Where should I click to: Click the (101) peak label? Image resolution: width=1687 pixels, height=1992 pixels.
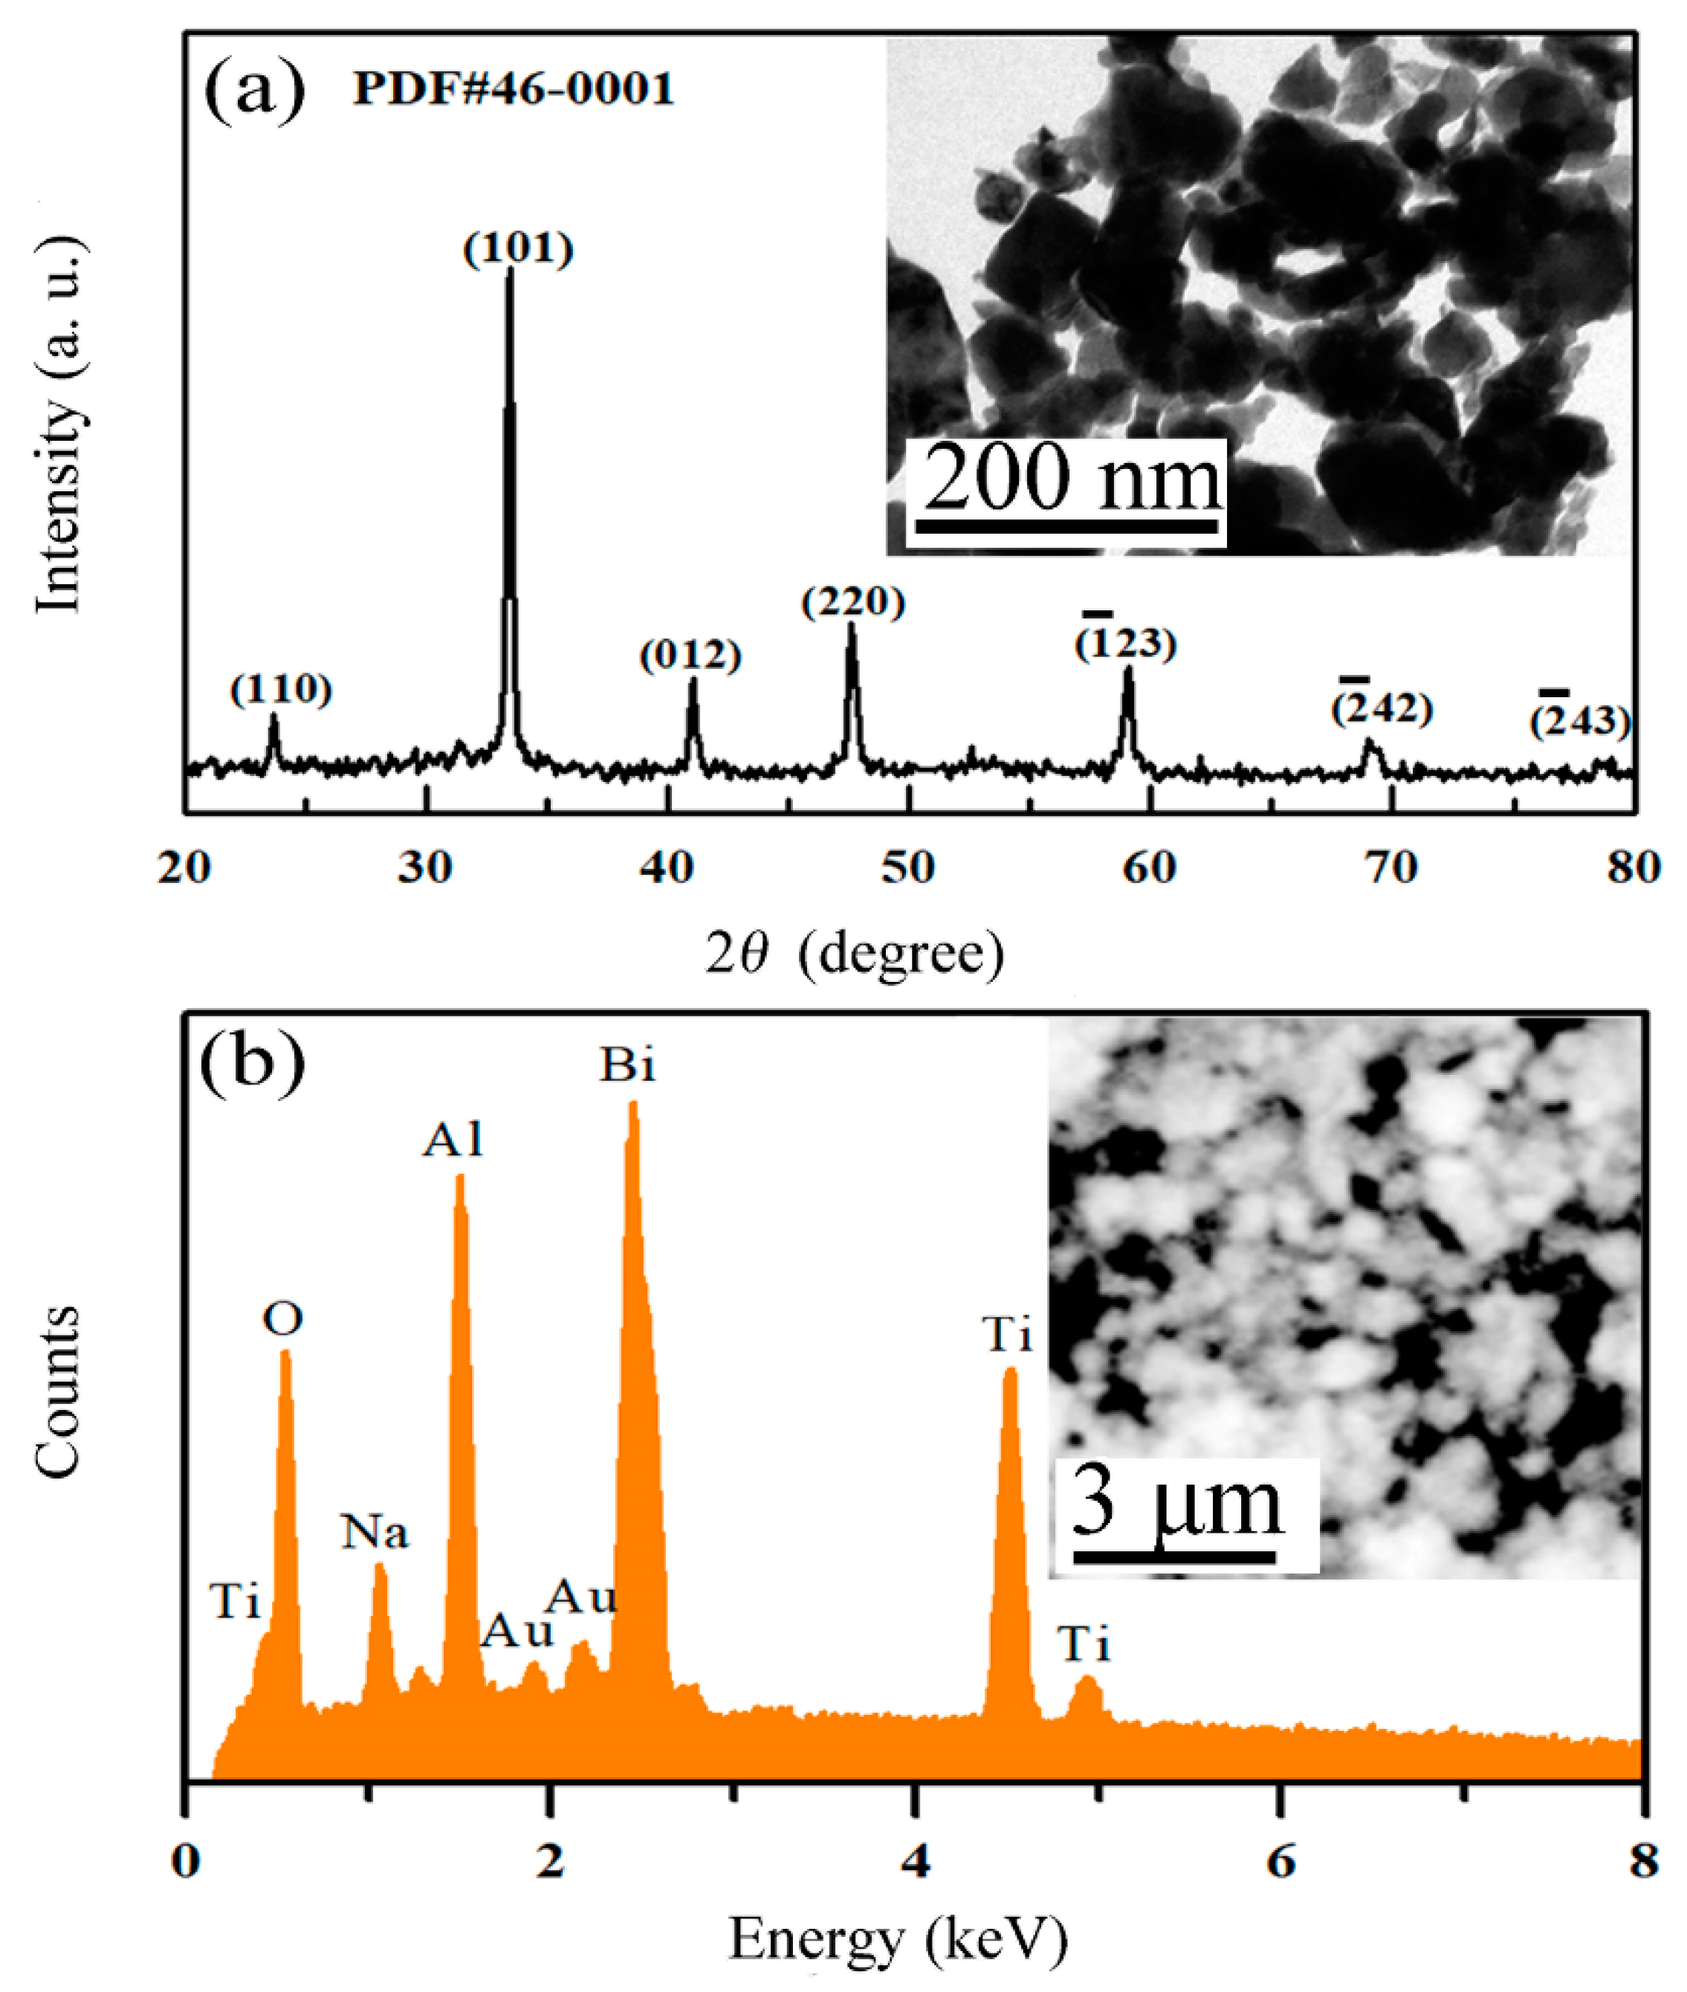click(517, 249)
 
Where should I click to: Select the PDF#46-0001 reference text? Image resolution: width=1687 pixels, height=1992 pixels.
click(514, 90)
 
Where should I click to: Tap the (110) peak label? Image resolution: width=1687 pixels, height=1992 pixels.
click(281, 690)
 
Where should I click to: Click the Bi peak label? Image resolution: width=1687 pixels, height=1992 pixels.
click(627, 1065)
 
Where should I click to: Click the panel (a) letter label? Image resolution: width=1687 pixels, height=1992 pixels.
click(253, 92)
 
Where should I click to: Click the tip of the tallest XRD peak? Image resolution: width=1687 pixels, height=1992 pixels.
click(510, 270)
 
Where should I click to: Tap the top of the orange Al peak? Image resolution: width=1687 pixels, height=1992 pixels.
click(460, 1177)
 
